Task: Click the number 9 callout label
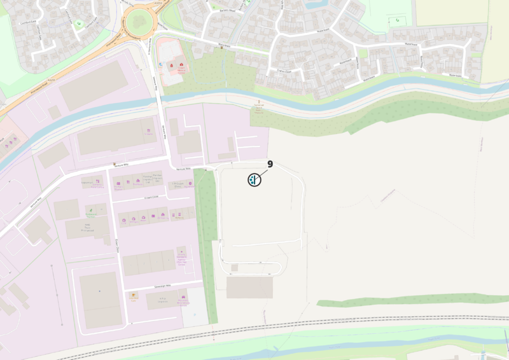pos(270,164)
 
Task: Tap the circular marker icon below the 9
pos(254,179)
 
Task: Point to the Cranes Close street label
pos(280,72)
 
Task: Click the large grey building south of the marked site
pos(249,287)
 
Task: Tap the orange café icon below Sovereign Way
pos(134,295)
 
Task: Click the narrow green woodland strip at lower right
pos(414,299)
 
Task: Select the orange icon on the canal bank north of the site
pos(258,102)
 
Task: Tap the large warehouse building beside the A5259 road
pos(94,85)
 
